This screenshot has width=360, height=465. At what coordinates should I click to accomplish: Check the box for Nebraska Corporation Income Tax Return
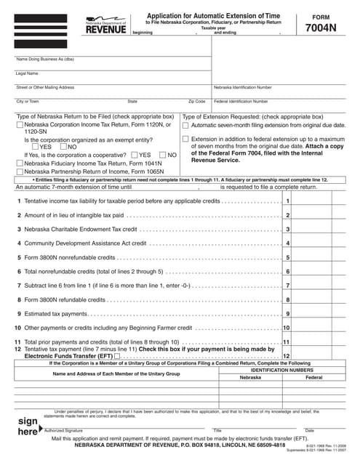coord(19,125)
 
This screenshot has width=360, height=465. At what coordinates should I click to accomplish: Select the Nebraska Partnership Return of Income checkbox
coord(19,173)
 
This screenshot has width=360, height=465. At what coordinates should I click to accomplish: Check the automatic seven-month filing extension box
coord(185,125)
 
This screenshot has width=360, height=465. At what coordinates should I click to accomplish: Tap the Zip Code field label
coord(196,102)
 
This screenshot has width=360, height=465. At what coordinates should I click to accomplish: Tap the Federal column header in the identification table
coord(314,378)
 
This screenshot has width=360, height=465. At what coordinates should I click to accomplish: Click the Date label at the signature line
coord(309,431)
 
